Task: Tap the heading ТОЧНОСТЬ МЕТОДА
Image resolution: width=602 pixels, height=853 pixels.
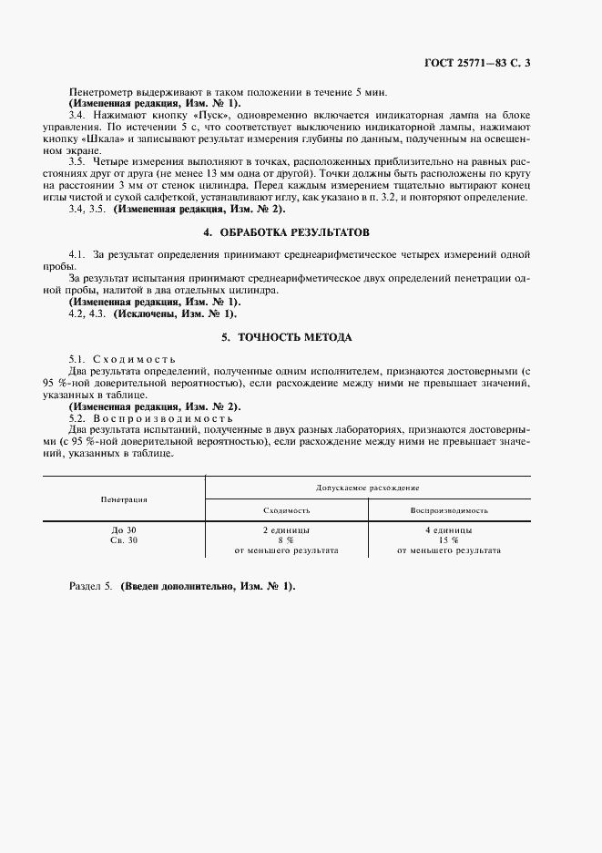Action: [300, 336]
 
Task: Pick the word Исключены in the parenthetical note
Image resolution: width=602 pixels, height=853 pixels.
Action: [146, 313]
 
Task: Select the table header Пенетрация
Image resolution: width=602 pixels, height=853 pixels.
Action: [124, 499]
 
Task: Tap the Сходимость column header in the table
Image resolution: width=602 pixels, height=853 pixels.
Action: [287, 510]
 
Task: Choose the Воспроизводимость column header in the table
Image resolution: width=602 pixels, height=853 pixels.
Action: [449, 510]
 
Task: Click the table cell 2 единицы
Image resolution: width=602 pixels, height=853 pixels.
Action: [286, 529]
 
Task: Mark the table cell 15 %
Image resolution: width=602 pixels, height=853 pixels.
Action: [448, 540]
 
